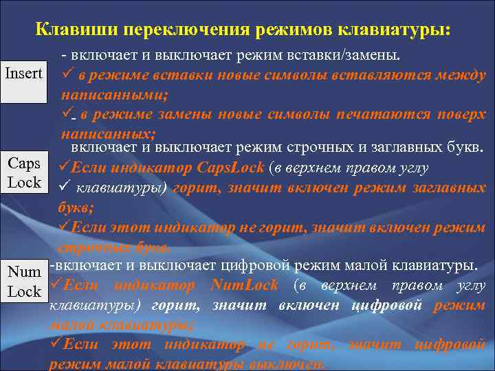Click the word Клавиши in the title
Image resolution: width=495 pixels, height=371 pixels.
coord(69,30)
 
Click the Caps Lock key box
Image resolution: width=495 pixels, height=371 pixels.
coord(24,173)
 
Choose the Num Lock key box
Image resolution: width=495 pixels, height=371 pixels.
coord(24,282)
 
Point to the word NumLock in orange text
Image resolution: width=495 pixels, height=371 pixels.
coord(245,285)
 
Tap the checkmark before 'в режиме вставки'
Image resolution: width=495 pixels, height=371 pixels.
coord(67,75)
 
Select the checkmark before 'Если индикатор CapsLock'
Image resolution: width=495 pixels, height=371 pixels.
coord(65,167)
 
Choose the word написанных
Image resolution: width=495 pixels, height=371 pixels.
coord(107,133)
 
